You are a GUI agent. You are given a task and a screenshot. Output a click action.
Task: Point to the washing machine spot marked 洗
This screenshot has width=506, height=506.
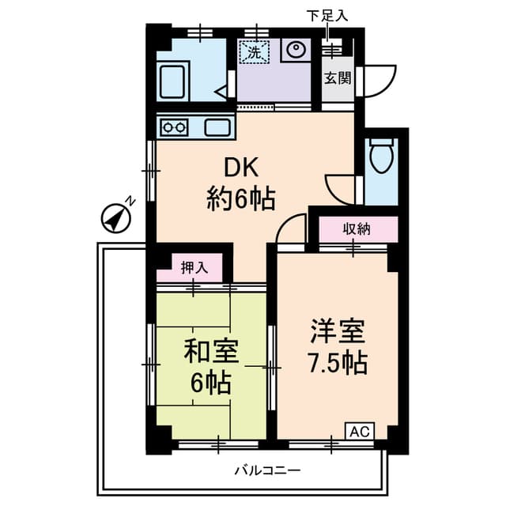pos(255,54)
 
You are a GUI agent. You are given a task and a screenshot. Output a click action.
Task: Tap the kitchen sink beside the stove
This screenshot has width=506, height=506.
pos(215,126)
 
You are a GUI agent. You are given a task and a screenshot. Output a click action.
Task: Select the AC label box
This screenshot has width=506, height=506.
pos(360,432)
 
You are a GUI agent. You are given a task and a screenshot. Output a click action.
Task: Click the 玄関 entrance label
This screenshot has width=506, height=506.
pos(338,78)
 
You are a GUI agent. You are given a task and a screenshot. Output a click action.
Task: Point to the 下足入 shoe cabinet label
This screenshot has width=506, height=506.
pos(327,15)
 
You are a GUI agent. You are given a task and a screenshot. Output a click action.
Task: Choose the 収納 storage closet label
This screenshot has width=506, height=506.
pos(357,229)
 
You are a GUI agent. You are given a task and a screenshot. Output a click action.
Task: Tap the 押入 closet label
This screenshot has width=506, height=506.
pos(194,268)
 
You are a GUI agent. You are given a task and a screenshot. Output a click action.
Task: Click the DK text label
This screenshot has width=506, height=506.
pos(241,168)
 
